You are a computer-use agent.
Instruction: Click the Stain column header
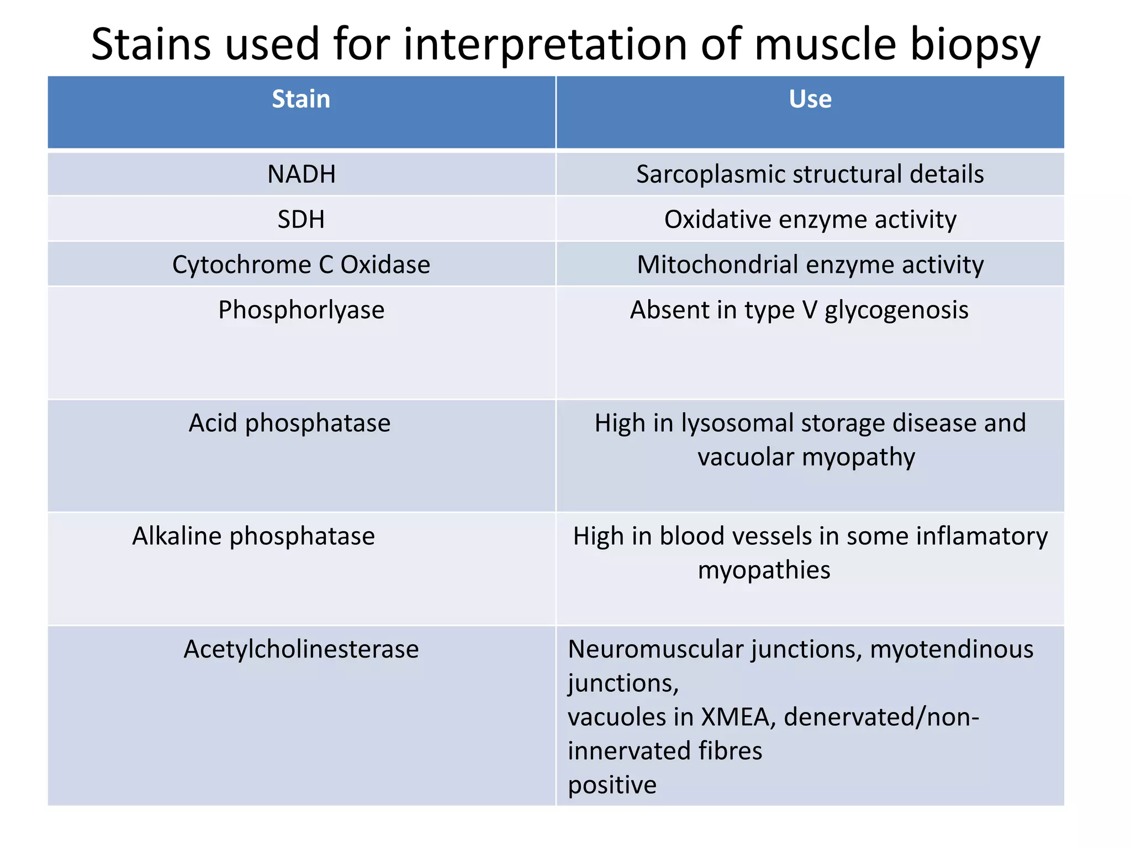(301, 99)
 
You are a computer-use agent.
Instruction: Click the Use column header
(810, 99)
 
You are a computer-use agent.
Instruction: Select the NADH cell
(301, 174)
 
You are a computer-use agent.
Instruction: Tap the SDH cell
(301, 220)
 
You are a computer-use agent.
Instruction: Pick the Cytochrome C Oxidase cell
(301, 265)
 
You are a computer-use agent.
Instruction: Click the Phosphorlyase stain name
(301, 310)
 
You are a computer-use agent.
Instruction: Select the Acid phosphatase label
(289, 423)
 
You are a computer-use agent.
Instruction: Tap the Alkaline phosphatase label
(253, 537)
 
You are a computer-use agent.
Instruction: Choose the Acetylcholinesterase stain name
(301, 649)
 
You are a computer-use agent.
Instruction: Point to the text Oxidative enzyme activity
(810, 220)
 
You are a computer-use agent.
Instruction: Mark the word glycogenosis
(896, 310)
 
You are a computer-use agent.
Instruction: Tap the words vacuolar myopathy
(806, 458)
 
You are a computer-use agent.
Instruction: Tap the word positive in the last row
(612, 785)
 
